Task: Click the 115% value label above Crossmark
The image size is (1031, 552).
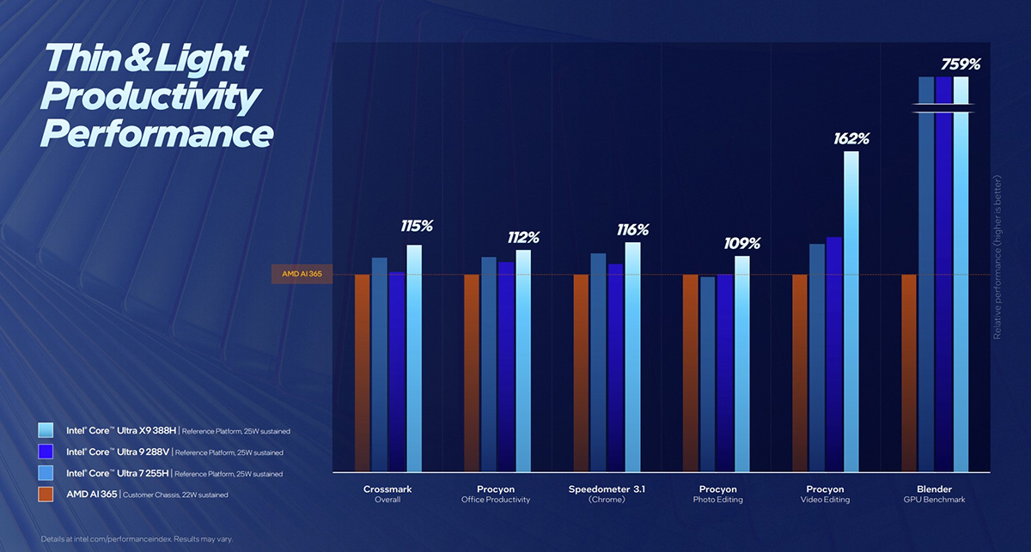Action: tap(417, 227)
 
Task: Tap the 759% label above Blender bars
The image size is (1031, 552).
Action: tap(961, 64)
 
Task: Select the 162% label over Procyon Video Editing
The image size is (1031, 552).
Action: tap(851, 137)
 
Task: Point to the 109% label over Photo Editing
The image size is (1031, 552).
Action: tap(741, 244)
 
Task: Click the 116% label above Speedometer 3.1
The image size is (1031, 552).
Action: tap(632, 230)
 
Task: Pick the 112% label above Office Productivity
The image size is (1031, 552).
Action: tap(523, 237)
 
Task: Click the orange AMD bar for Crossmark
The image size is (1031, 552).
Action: tap(362, 373)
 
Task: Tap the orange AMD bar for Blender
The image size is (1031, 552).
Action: tap(909, 373)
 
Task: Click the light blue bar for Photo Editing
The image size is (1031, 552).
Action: tap(741, 364)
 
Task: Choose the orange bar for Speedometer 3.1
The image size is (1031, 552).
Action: tap(581, 373)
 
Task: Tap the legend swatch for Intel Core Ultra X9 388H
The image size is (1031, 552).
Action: tap(46, 430)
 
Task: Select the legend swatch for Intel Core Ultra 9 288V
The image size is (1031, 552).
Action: tap(46, 452)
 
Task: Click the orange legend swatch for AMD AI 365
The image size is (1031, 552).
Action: tap(46, 494)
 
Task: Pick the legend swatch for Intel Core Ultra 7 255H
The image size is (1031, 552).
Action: tap(46, 473)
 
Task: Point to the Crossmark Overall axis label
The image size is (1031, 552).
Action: tap(387, 494)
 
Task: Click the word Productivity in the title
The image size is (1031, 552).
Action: tap(149, 96)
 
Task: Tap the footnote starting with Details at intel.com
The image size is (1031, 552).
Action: tap(136, 539)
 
